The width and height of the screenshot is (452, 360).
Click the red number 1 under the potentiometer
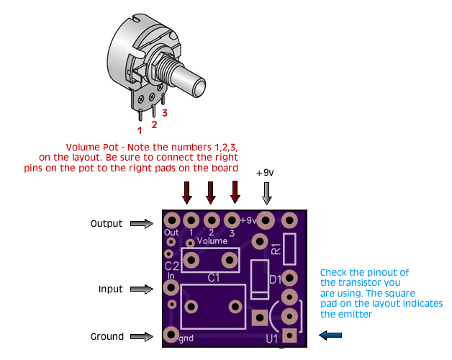[140, 130]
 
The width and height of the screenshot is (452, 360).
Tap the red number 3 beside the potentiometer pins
[165, 113]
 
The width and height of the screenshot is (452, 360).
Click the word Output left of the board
[107, 224]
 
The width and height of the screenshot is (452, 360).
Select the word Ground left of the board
[107, 336]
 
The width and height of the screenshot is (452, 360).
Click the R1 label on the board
[276, 249]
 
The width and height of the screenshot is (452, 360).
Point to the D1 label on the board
[274, 279]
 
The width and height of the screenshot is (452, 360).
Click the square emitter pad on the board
[289, 335]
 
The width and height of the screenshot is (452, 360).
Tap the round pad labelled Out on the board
[171, 220]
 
